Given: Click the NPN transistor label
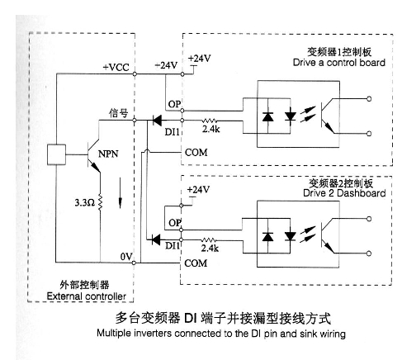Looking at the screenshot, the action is pyautogui.click(x=108, y=154).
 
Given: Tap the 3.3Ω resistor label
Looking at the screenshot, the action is pyautogui.click(x=85, y=203).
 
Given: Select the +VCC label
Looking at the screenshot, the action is pyautogui.click(x=116, y=68).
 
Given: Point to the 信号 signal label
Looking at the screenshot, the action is pyautogui.click(x=119, y=113).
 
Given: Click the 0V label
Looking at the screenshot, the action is pyautogui.click(x=126, y=257).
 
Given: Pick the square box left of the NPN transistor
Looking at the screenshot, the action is pyautogui.click(x=56, y=154).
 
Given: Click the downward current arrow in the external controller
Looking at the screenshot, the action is pyautogui.click(x=120, y=193).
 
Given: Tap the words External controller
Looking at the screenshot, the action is pyautogui.click(x=87, y=296).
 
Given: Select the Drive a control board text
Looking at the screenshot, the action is pyautogui.click(x=339, y=63).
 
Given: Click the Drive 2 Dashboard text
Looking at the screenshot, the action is pyautogui.click(x=344, y=193).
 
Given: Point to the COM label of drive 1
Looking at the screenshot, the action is pyautogui.click(x=196, y=153).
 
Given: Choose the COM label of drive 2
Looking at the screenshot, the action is pyautogui.click(x=196, y=263).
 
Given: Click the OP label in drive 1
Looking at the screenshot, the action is pyautogui.click(x=174, y=104).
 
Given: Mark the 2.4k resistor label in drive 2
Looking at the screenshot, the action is pyautogui.click(x=210, y=249).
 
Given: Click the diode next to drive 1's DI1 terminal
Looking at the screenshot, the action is pyautogui.click(x=157, y=121).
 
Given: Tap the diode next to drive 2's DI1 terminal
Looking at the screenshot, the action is pyautogui.click(x=156, y=239).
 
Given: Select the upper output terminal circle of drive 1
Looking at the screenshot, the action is pyautogui.click(x=369, y=99).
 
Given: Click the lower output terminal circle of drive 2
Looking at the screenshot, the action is pyautogui.click(x=369, y=253).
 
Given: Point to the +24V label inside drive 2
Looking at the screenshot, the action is pyautogui.click(x=198, y=190).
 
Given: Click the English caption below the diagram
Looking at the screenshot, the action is pyautogui.click(x=221, y=334).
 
